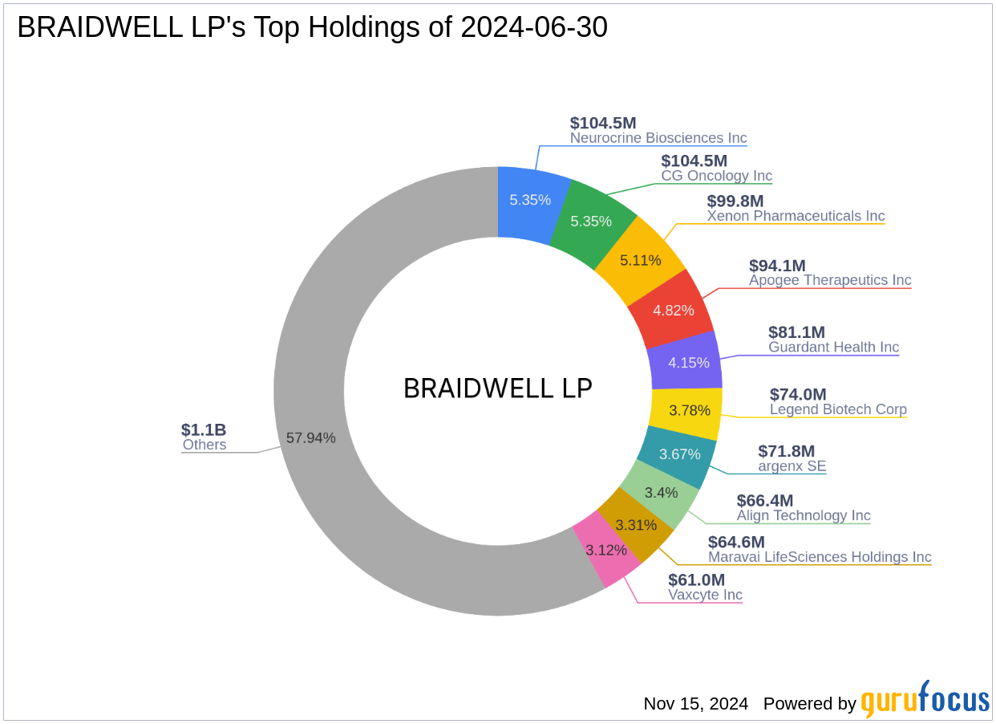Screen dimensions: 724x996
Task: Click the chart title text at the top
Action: click(312, 28)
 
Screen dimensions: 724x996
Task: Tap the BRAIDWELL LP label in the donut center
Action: click(497, 389)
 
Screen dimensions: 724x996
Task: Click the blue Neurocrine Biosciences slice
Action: click(529, 200)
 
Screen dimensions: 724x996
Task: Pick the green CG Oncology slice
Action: click(591, 220)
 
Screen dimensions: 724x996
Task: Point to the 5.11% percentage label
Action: click(641, 260)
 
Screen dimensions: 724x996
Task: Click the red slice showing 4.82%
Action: click(674, 310)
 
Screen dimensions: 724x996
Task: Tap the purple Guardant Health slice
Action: click(688, 362)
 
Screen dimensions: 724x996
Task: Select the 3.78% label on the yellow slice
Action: click(690, 410)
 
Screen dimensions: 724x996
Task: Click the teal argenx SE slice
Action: click(681, 454)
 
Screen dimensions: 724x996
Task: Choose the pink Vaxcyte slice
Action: click(607, 551)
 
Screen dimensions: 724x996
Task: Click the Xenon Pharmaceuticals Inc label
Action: click(796, 217)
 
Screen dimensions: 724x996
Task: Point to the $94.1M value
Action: click(777, 266)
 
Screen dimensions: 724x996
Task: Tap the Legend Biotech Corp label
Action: click(838, 410)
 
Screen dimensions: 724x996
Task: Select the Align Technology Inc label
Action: click(804, 516)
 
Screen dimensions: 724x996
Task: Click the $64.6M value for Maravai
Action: click(736, 542)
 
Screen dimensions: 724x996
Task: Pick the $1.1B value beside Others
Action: click(204, 429)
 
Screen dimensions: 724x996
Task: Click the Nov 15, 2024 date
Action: click(695, 704)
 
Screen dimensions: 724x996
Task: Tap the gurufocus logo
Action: click(925, 701)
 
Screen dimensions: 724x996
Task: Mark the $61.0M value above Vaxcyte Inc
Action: click(696, 580)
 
